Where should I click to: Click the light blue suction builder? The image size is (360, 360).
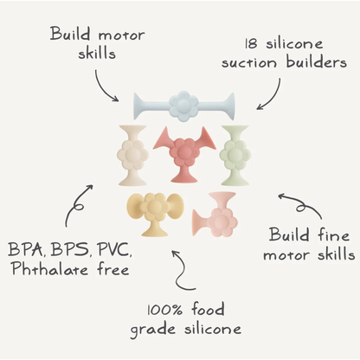tap(183, 106)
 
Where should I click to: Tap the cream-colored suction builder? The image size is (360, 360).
tap(132, 155)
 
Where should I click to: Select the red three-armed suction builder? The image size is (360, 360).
tap(185, 154)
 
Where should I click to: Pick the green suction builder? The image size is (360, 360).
tap(235, 155)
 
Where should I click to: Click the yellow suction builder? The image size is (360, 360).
tap(155, 214)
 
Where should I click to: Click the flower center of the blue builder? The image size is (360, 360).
tap(183, 106)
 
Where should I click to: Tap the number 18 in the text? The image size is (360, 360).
tap(251, 44)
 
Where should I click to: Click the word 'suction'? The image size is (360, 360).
tap(249, 63)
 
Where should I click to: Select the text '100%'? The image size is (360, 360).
tap(164, 311)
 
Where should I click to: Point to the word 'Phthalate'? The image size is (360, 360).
tap(50, 269)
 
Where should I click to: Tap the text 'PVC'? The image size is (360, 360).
tap(114, 250)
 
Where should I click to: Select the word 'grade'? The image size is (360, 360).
tap(152, 330)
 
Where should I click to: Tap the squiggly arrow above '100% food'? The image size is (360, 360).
tap(180, 271)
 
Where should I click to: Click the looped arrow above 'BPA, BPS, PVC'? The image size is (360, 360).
tap(76, 204)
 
